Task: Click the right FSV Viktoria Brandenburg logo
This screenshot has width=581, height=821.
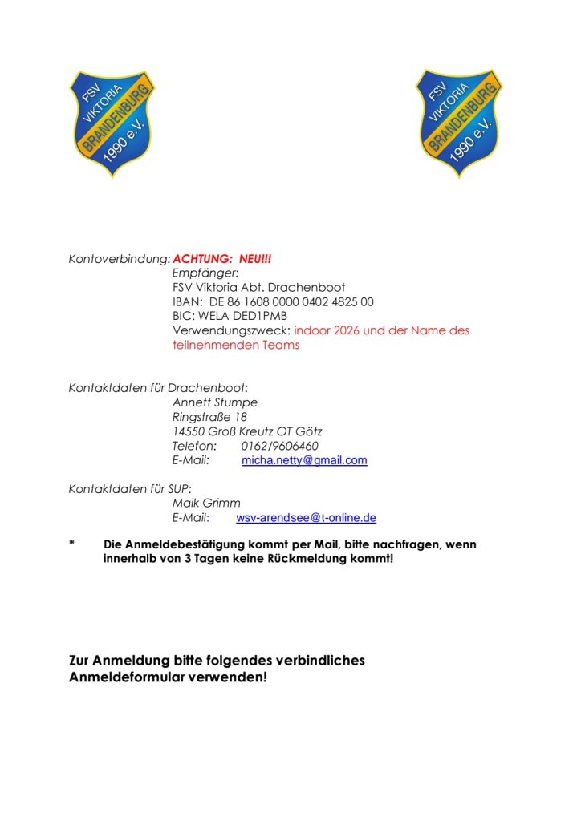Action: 458,123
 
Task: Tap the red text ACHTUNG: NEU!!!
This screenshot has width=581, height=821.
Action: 222,260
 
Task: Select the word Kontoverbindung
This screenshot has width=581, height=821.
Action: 119,260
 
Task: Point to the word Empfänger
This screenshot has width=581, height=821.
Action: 200,273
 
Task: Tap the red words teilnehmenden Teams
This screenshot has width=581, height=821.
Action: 236,345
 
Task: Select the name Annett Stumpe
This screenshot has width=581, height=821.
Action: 214,402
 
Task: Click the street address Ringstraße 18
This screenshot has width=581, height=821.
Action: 209,417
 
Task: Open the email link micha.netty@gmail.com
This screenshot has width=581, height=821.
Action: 304,460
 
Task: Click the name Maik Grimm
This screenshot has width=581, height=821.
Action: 206,504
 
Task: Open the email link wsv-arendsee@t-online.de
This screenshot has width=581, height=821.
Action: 306,518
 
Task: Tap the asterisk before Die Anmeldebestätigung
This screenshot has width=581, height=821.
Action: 71,545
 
